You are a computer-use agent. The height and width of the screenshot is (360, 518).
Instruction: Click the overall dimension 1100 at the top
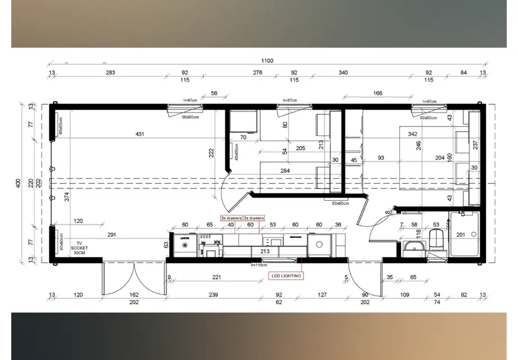coord(267,61)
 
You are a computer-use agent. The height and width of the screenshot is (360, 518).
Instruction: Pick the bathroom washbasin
coord(416,247)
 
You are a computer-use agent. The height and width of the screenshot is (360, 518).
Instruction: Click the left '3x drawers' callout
coord(231,218)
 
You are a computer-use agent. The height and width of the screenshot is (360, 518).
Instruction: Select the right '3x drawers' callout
coord(253,218)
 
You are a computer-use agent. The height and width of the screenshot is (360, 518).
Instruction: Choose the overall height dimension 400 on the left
coord(19,183)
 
